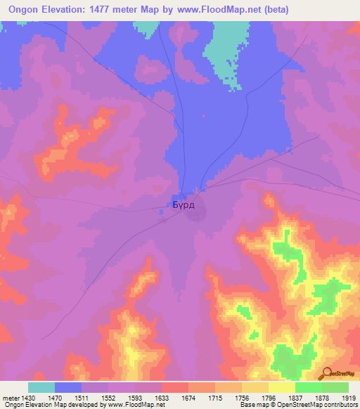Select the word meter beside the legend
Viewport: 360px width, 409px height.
[8, 396]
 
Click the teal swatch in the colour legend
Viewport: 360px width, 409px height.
[41, 387]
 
